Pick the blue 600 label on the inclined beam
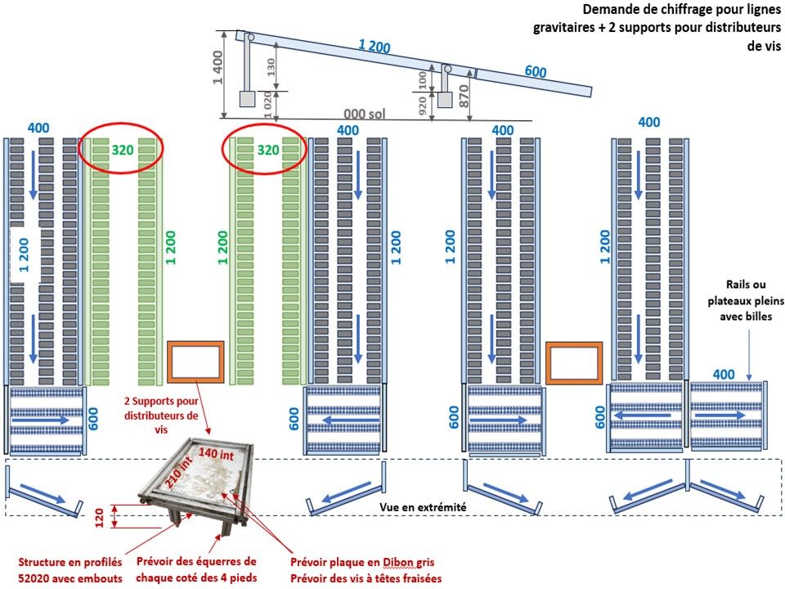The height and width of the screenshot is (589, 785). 536,72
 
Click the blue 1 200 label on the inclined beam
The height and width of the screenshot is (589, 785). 375,47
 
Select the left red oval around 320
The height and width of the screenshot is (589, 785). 121,150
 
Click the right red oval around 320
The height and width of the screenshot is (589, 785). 265,150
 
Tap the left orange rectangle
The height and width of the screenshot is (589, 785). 196,362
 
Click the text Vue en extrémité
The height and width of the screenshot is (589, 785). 423,507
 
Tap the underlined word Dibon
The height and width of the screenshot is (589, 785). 406,563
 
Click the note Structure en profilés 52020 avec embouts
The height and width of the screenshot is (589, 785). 70,570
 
